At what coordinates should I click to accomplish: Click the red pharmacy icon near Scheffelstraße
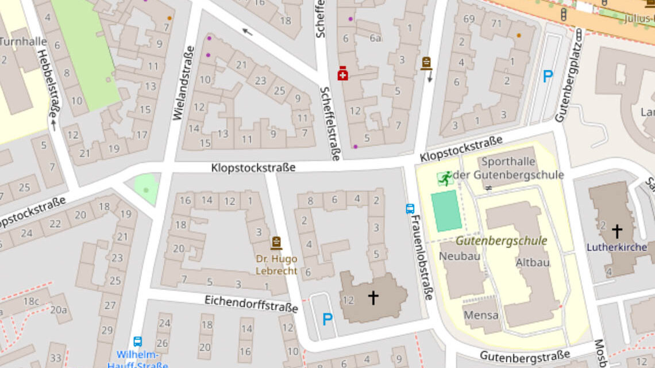(342, 74)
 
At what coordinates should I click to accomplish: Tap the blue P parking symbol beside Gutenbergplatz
(548, 76)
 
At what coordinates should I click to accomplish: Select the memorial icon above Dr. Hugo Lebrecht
(276, 243)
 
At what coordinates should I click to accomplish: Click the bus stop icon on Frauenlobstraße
(410, 209)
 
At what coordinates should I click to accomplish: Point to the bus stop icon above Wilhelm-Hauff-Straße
(137, 342)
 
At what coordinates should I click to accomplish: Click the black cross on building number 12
(373, 297)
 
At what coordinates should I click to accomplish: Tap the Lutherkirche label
(617, 248)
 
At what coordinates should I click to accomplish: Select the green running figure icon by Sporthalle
(445, 179)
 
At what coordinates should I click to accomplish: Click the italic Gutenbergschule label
(501, 241)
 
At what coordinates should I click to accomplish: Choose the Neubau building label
(460, 256)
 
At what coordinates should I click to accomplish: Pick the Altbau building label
(533, 262)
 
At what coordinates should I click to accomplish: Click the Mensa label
(481, 315)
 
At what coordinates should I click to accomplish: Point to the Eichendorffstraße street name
(251, 304)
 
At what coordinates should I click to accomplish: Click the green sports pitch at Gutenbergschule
(446, 210)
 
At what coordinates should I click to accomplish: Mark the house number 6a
(376, 39)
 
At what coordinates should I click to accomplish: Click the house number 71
(496, 24)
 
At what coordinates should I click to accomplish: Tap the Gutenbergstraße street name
(525, 355)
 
